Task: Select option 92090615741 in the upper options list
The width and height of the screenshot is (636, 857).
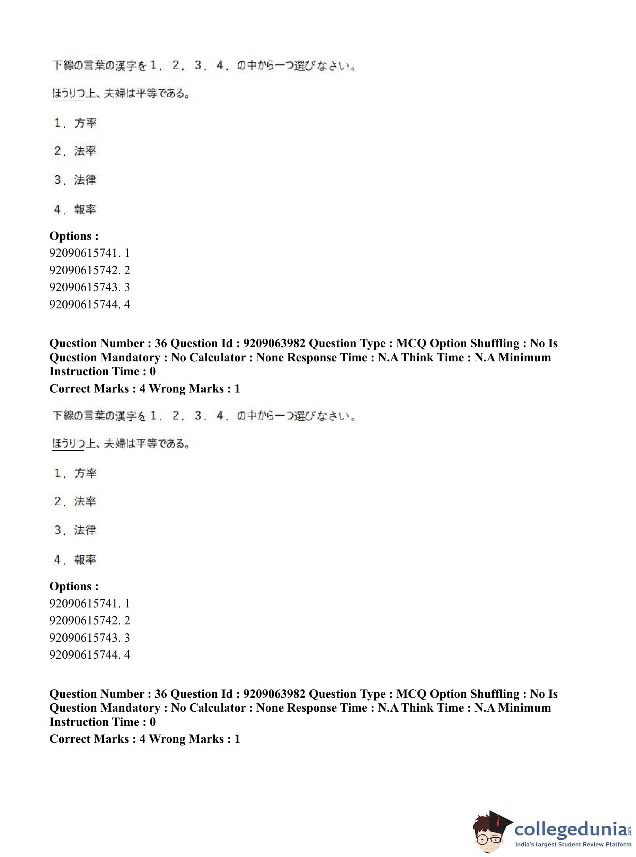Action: click(89, 253)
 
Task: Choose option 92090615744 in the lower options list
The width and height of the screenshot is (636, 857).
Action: click(89, 654)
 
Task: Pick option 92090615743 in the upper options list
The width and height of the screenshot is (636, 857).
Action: click(89, 287)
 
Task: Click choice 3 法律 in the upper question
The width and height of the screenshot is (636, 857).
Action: click(76, 180)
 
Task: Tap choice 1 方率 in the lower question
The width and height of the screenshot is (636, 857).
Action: click(76, 473)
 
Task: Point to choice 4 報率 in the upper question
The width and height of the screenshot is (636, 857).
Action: click(76, 209)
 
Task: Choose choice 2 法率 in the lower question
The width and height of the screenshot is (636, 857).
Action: click(76, 501)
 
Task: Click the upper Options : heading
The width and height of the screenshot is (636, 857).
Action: click(74, 236)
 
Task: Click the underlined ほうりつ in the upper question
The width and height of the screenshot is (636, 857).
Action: click(68, 93)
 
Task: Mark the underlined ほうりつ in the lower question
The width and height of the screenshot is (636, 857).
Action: click(68, 443)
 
